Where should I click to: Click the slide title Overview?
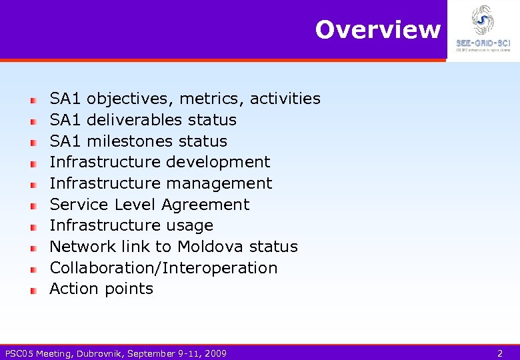tap(377, 30)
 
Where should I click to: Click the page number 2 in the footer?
tap(500, 353)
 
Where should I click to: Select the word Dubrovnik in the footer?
tap(99, 353)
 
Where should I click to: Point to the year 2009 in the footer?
tap(215, 353)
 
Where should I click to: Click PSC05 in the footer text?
tap(19, 353)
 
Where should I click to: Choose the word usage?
tap(190, 225)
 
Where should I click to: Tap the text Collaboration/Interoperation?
tap(163, 268)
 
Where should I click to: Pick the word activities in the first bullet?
tap(285, 99)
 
